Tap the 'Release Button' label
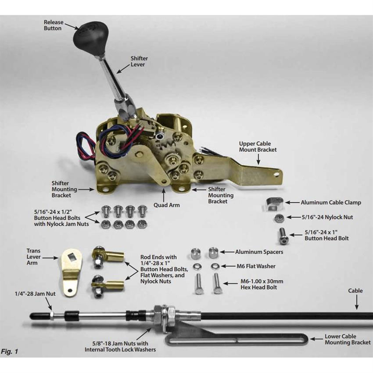(53, 25)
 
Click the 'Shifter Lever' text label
(139, 61)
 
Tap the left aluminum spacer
(195, 253)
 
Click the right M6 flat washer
(215, 266)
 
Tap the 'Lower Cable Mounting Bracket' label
(348, 339)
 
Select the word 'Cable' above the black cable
(355, 291)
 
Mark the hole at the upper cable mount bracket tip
(276, 174)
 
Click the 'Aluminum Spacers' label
(259, 252)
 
